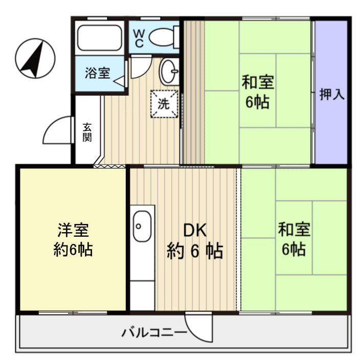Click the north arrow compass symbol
coord(35,58)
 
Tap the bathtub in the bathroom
coord(99,37)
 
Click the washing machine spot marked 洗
coord(164,104)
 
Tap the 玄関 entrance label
coord(87,132)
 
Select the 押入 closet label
coord(332,95)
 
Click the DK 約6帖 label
coord(194,241)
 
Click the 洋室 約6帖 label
coord(73,239)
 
